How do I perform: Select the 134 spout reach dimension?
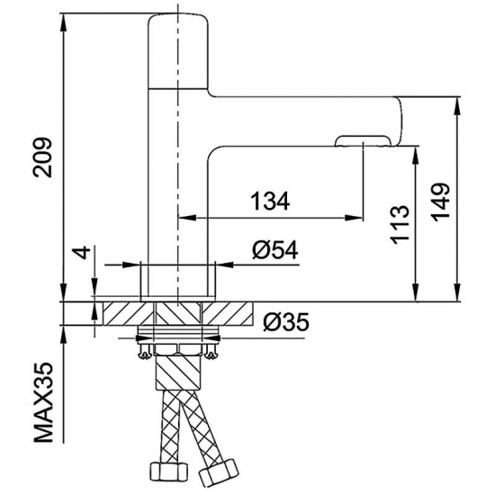[x=270, y=202]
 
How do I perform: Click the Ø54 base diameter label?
[x=274, y=249]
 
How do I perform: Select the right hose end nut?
[x=219, y=473]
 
